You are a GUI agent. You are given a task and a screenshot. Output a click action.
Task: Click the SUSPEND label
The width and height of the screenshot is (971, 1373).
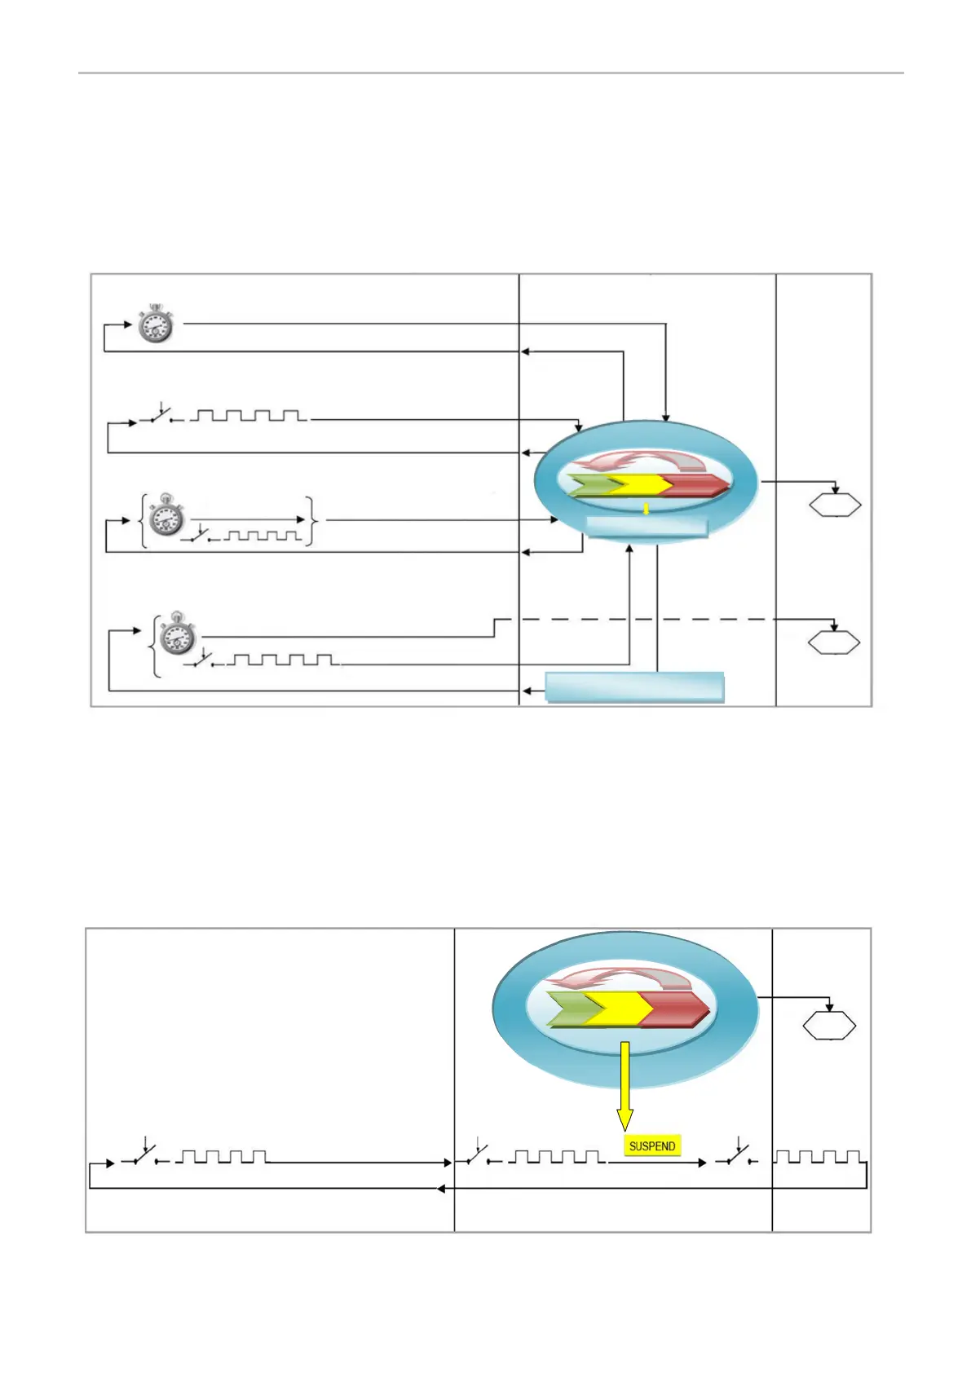[652, 1146]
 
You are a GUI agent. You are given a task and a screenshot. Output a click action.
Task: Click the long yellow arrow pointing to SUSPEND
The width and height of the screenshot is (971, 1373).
[625, 1085]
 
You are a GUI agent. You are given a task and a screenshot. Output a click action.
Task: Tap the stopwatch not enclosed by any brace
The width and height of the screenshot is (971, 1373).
[155, 324]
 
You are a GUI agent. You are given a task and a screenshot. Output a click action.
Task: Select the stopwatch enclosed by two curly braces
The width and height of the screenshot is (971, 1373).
[166, 515]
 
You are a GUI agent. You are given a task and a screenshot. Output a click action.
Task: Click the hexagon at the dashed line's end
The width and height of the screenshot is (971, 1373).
[834, 642]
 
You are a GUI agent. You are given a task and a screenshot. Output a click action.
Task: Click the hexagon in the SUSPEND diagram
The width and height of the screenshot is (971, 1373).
[829, 1025]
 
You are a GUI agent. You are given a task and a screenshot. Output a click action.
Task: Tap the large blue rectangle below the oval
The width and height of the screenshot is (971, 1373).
[634, 687]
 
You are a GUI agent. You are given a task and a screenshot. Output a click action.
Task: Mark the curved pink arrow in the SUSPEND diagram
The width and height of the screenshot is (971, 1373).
[620, 978]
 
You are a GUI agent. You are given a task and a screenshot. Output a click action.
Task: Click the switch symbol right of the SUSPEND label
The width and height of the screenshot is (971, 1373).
[736, 1154]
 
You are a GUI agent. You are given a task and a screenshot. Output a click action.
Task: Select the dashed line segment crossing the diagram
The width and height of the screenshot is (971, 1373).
[652, 620]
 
